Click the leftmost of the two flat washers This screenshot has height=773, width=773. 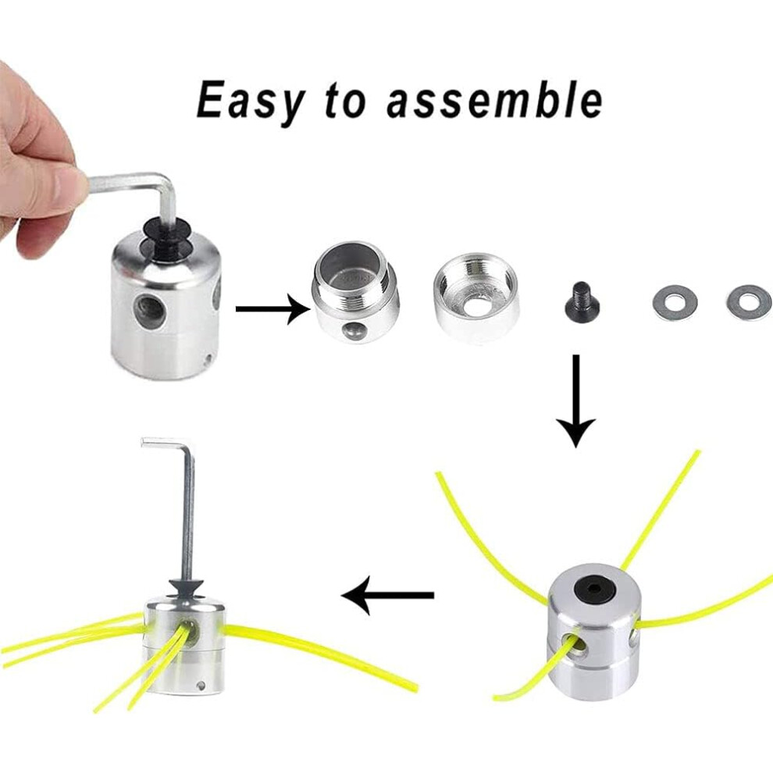[675, 301]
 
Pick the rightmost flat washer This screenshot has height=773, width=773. [748, 301]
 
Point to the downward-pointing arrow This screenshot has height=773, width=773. [576, 401]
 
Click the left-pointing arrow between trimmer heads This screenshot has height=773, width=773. [387, 595]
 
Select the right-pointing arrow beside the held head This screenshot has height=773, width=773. [273, 308]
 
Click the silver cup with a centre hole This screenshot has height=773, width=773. [476, 298]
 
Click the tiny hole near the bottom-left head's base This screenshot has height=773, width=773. [201, 685]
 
